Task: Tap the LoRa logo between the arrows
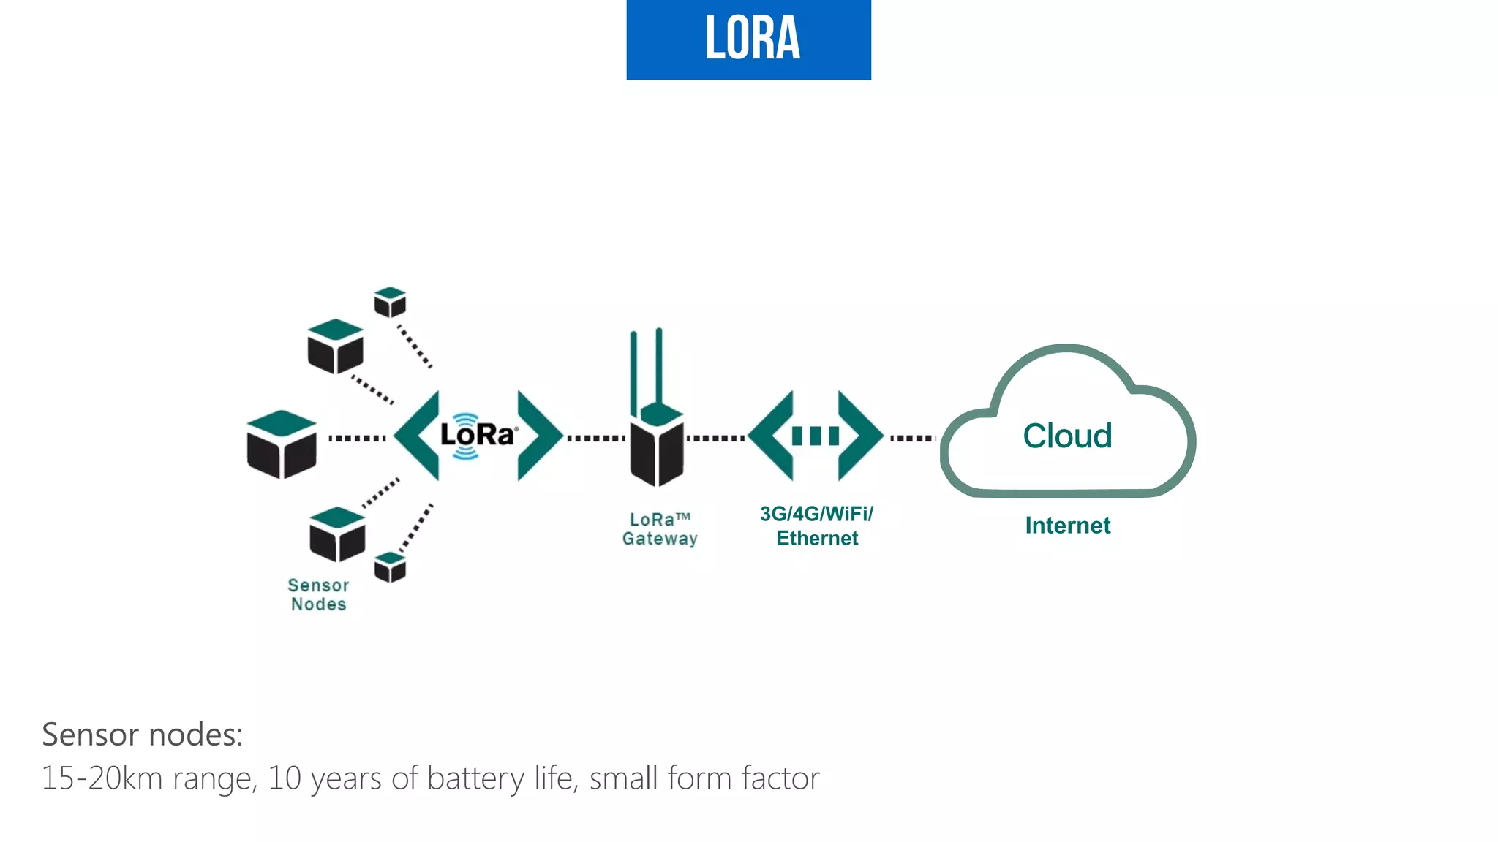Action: (x=478, y=436)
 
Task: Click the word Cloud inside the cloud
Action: (x=1067, y=436)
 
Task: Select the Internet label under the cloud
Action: (x=1067, y=526)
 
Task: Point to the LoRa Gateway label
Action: (x=660, y=529)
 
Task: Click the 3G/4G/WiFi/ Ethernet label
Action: (x=816, y=526)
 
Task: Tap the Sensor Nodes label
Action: (x=318, y=595)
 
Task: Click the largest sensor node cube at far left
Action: (x=282, y=444)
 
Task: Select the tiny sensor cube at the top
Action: (x=390, y=302)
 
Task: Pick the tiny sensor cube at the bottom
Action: (x=390, y=567)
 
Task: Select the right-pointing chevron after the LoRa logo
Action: (x=537, y=436)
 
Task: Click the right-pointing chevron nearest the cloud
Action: (x=859, y=436)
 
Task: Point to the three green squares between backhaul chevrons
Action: (x=816, y=436)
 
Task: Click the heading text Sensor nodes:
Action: (x=142, y=735)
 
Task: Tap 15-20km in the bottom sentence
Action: (x=102, y=778)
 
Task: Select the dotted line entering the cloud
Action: (x=913, y=438)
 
